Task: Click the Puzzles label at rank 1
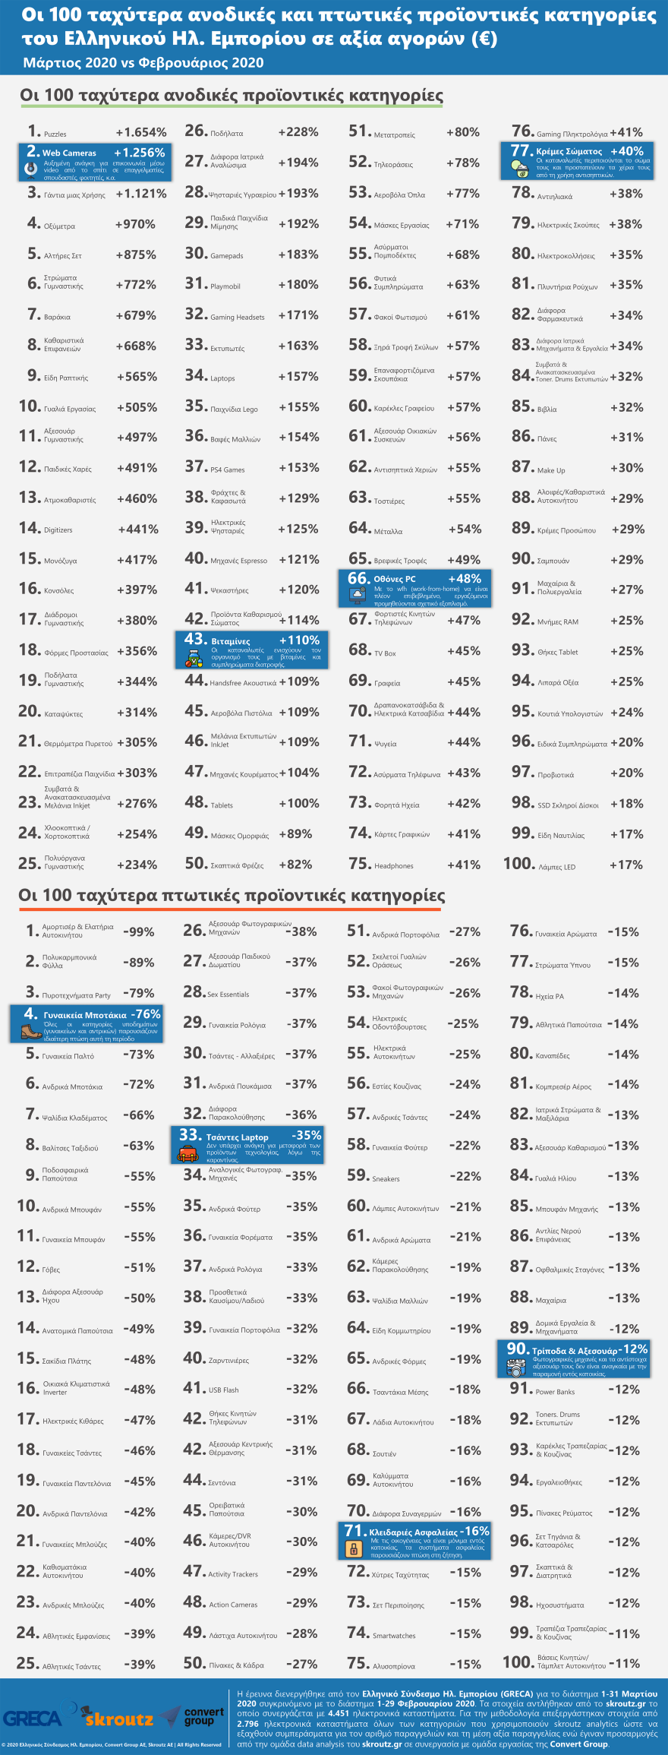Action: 55,134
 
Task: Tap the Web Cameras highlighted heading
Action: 69,153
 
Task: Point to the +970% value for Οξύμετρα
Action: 135,225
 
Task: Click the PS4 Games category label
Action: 228,470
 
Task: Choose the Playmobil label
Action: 225,286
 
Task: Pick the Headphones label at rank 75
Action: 393,866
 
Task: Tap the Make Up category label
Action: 551,470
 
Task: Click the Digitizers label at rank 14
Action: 58,530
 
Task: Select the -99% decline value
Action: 138,932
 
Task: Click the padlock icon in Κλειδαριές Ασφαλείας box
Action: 353,1548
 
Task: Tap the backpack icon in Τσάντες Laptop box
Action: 187,1154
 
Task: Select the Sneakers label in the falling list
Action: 386,1179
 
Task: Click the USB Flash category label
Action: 223,1390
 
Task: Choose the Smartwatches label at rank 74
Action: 394,1636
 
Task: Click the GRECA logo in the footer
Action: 33,1719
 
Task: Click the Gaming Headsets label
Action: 238,318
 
